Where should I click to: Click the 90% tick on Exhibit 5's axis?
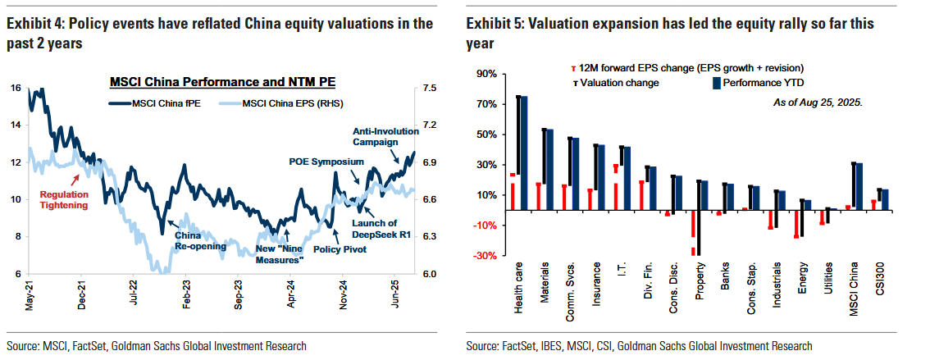487,74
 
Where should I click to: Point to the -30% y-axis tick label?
485,256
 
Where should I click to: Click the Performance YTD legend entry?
754,84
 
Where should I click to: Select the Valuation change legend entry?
612,84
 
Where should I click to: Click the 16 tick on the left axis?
16,88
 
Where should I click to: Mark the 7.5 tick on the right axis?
431,88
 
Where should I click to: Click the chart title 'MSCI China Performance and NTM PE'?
222,82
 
